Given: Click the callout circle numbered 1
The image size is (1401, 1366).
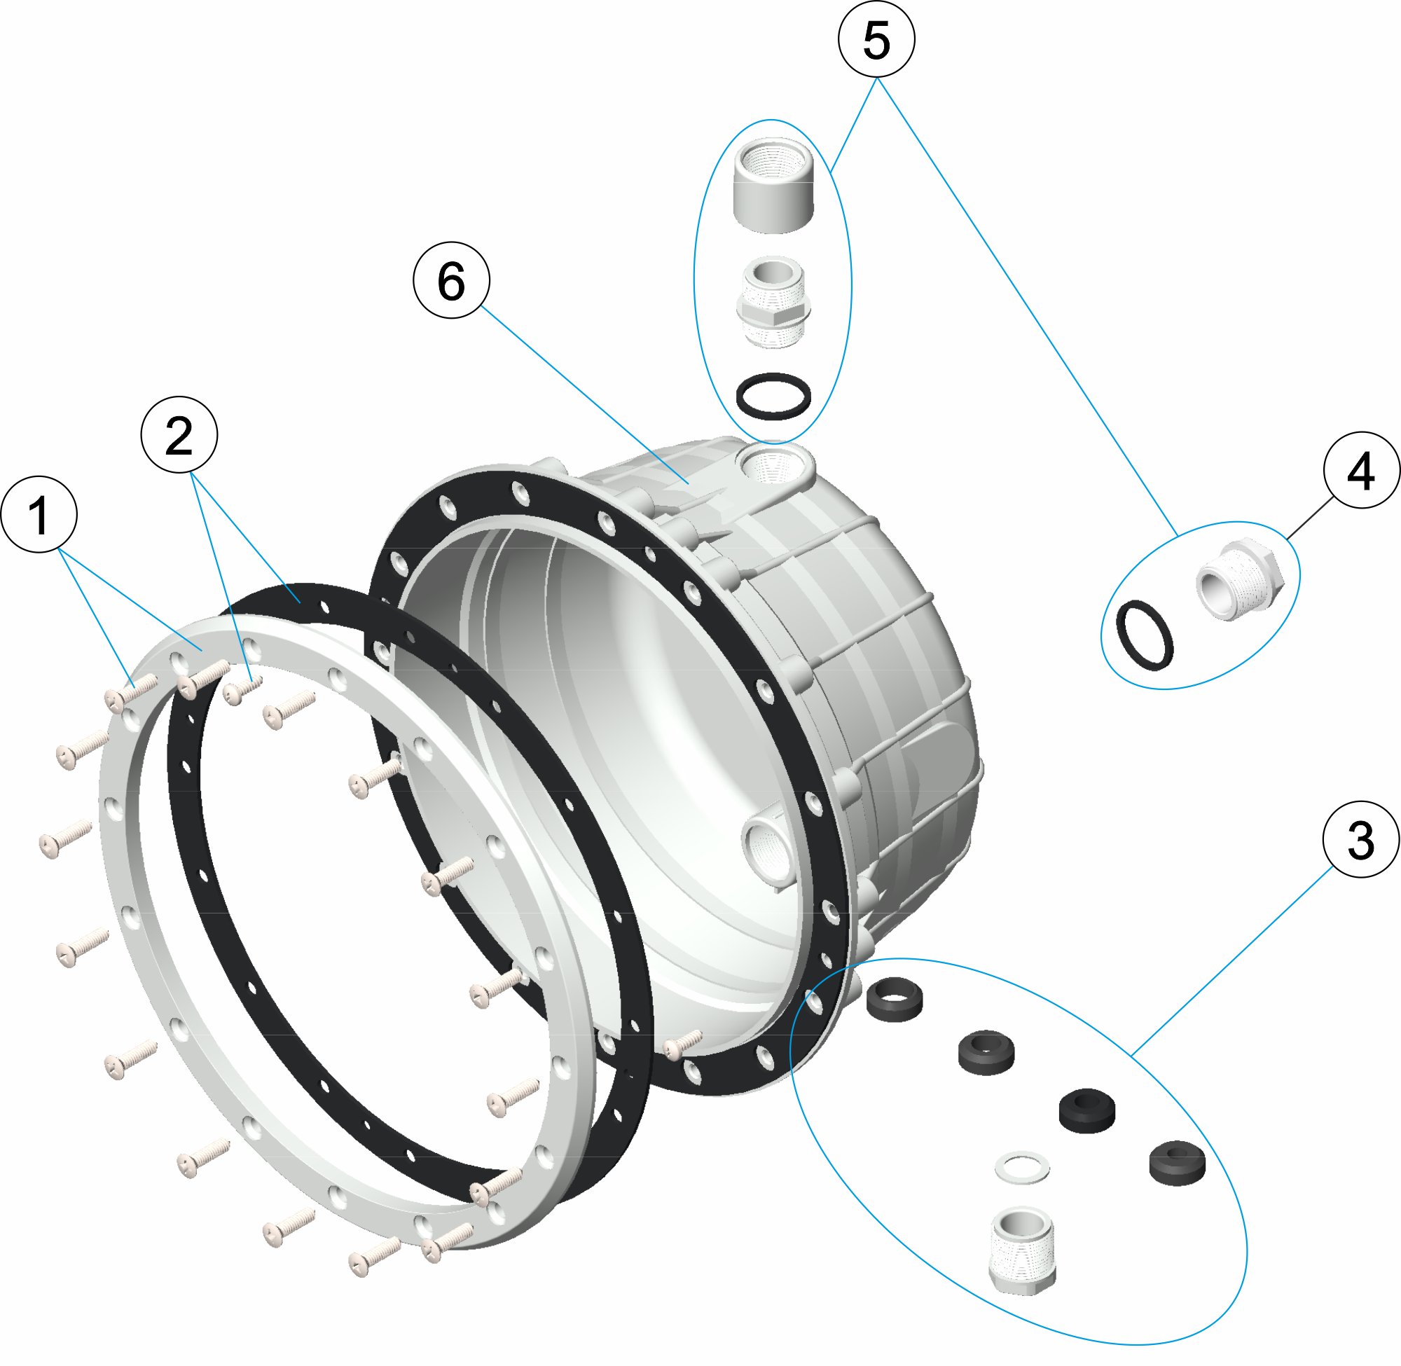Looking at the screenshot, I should [x=39, y=514].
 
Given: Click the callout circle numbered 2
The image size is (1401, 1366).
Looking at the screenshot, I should [x=179, y=435].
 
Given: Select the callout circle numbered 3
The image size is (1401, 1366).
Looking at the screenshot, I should [x=1361, y=839].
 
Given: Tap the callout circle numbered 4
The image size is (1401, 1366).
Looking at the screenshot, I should [x=1361, y=470].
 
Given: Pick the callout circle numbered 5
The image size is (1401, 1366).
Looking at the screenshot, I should [x=876, y=39].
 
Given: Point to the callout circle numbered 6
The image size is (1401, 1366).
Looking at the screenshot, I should [x=451, y=280].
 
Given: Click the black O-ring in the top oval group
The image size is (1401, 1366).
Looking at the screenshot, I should [x=773, y=395].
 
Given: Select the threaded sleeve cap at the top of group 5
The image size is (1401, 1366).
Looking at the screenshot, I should [x=773, y=185].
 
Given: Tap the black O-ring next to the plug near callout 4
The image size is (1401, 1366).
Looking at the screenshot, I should [x=1145, y=635].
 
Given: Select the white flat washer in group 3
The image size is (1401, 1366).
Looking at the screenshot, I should [x=1021, y=1167].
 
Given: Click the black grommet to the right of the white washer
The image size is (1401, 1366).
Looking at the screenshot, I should [x=1176, y=1162].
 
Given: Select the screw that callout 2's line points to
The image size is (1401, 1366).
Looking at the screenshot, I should [x=242, y=690].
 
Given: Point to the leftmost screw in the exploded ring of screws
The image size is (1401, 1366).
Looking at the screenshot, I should [x=64, y=838].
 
